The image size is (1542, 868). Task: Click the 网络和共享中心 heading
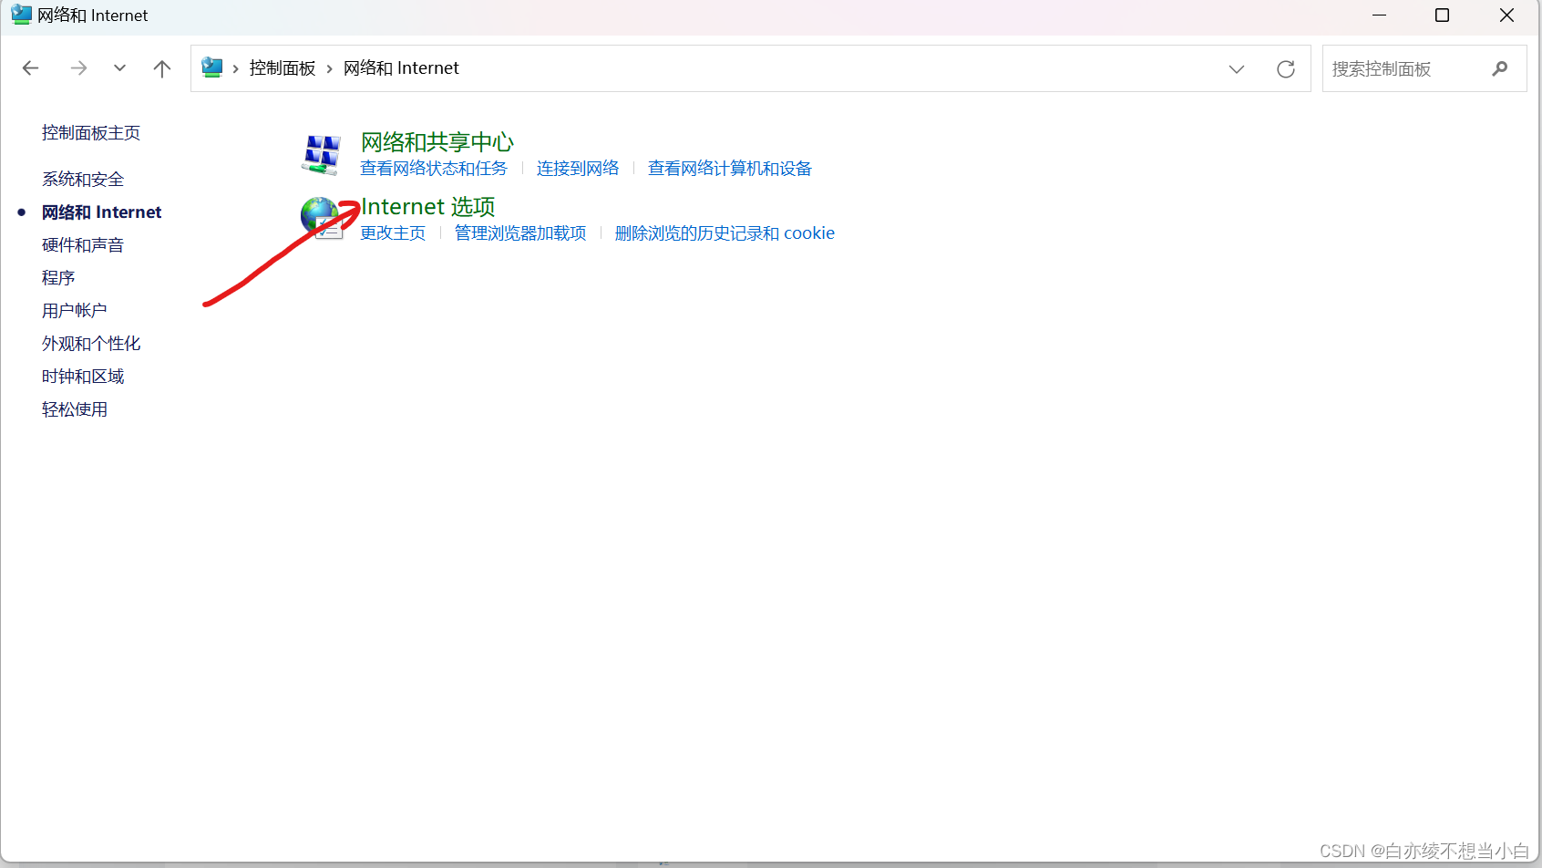pyautogui.click(x=437, y=142)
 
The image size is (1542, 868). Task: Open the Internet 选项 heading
pyautogui.click(x=428, y=207)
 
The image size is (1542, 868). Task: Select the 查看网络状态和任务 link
pyautogui.click(x=434, y=169)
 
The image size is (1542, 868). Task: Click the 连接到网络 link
pyautogui.click(x=578, y=169)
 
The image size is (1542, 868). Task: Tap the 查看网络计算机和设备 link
pyautogui.click(x=729, y=169)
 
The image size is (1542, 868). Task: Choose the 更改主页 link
pyautogui.click(x=393, y=233)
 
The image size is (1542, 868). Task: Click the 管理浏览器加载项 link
pyautogui.click(x=520, y=233)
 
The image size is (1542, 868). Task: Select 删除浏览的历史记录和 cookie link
pyautogui.click(x=725, y=233)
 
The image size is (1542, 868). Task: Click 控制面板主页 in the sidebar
pyautogui.click(x=91, y=133)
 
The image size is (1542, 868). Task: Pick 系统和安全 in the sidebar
pyautogui.click(x=83, y=180)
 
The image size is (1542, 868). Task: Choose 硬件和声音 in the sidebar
pyautogui.click(x=83, y=245)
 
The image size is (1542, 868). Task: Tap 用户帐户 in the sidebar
pyautogui.click(x=75, y=311)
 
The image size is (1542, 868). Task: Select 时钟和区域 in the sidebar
pyautogui.click(x=83, y=377)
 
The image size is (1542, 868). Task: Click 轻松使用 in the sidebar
pyautogui.click(x=75, y=409)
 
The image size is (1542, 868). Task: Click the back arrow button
pyautogui.click(x=31, y=68)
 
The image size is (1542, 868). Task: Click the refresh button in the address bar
pyautogui.click(x=1286, y=69)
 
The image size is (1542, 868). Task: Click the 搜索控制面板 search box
pyautogui.click(x=1403, y=69)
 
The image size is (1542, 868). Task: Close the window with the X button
pyautogui.click(x=1506, y=15)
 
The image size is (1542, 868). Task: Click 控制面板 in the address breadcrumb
pyautogui.click(x=283, y=68)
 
